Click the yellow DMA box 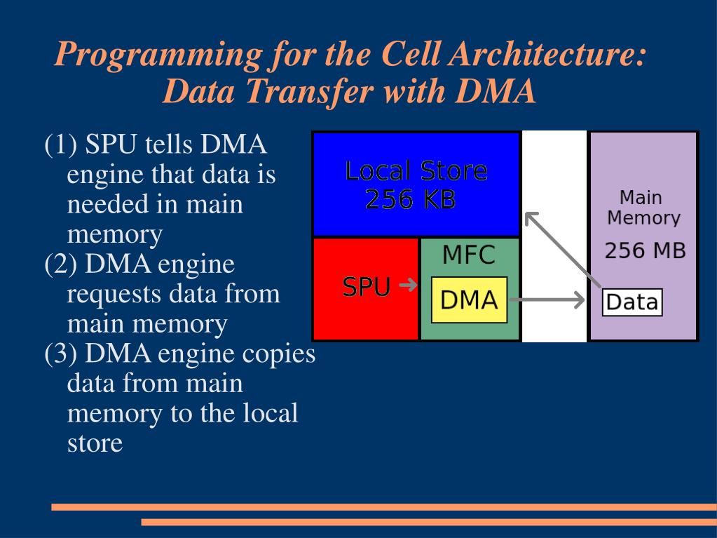469,300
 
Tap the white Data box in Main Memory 632,302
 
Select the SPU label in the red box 366,287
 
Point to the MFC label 468,255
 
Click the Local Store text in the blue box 416,171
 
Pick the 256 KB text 411,200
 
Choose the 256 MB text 645,250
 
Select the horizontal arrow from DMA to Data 547,301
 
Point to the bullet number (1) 60,145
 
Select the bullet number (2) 60,264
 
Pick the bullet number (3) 60,354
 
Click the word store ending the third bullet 95,443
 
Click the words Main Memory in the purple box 643,208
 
